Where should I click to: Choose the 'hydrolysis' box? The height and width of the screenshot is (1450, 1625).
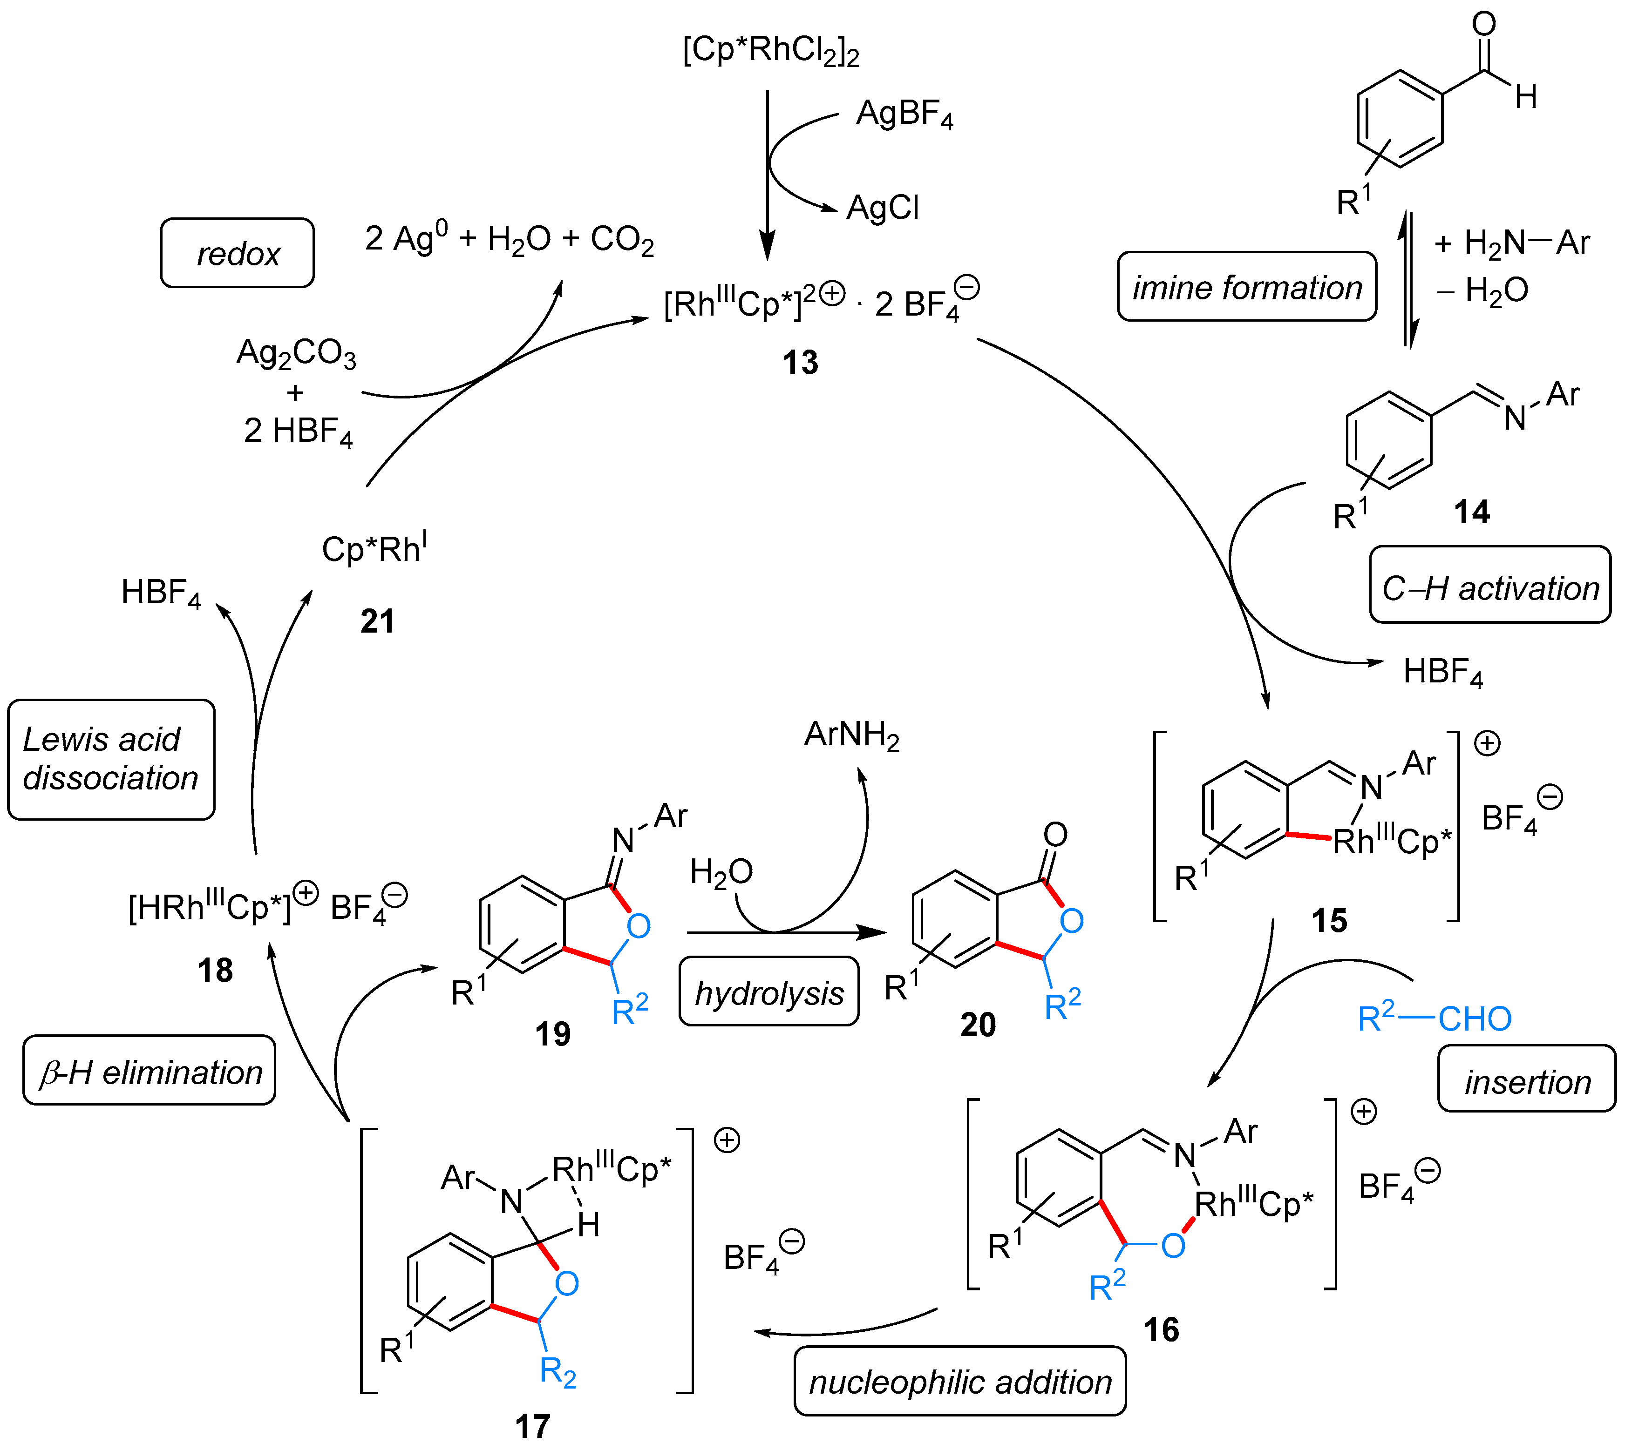click(x=768, y=993)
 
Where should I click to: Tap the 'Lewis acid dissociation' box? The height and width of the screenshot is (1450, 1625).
click(x=111, y=758)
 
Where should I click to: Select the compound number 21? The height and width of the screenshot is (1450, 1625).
click(x=377, y=620)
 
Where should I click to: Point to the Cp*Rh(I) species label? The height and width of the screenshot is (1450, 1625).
click(x=374, y=548)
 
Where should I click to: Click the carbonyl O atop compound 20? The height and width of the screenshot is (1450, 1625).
click(x=1055, y=834)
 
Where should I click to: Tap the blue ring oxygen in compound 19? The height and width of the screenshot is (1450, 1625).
click(x=639, y=926)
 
